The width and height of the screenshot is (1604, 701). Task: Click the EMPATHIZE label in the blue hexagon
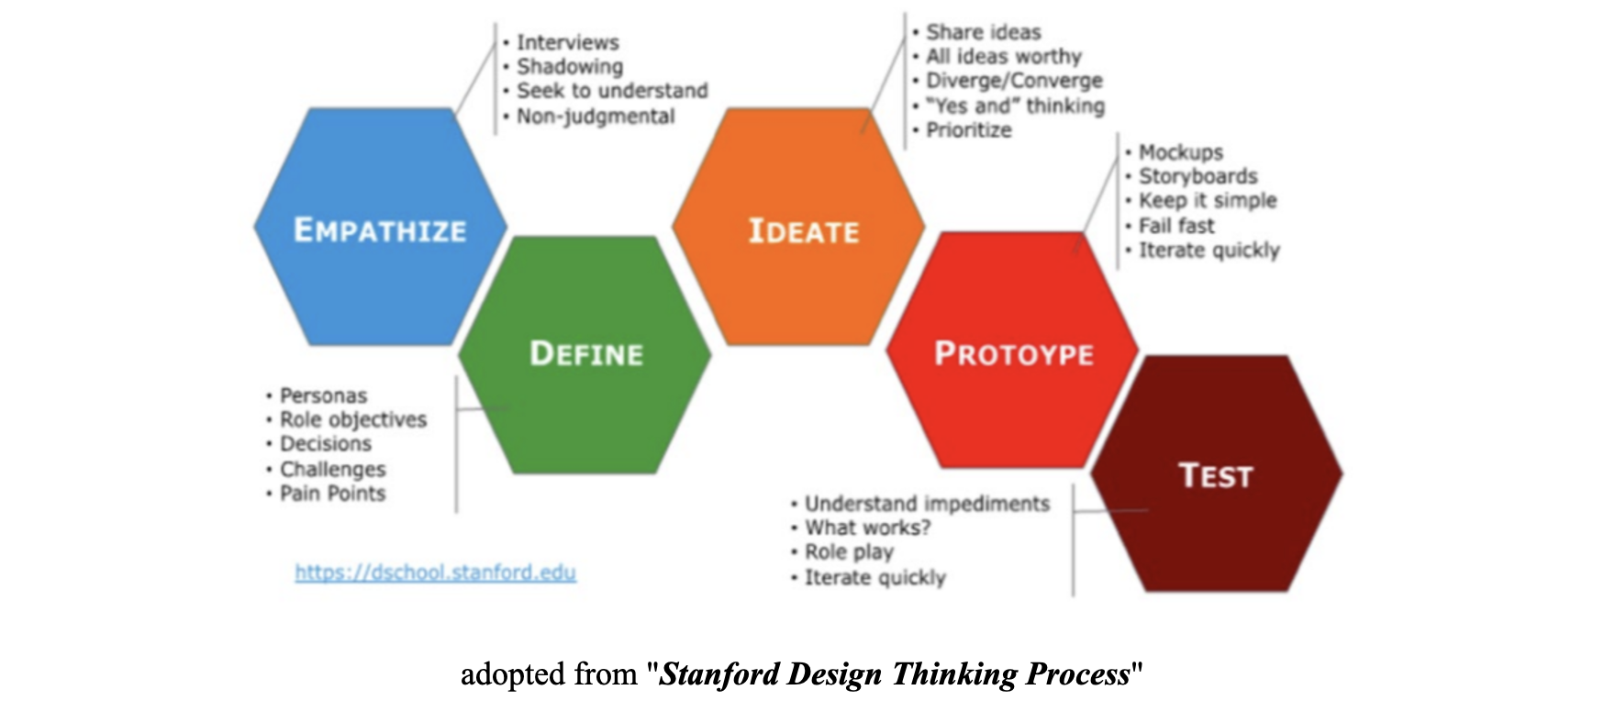380,230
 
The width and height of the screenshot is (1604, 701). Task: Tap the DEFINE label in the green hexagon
586,354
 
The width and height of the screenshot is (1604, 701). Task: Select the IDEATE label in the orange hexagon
804,231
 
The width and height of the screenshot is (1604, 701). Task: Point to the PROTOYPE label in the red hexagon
1014,354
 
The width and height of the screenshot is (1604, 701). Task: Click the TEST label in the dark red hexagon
1216,476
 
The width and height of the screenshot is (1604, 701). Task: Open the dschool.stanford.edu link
435,573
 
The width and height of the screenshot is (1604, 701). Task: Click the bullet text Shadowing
570,67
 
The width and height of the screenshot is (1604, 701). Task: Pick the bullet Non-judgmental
596,117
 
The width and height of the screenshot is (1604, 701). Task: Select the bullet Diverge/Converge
1014,81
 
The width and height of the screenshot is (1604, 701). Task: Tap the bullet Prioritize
969,130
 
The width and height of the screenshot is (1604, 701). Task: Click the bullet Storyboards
1197,176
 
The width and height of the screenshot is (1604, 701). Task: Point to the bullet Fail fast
1176,226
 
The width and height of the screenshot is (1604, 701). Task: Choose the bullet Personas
323,395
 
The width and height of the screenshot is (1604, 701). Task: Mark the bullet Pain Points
332,494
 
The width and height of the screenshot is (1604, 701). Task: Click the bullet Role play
849,552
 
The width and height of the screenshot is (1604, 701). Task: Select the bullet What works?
867,528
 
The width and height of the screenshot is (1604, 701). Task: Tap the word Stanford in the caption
719,674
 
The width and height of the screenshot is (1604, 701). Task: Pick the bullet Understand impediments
927,504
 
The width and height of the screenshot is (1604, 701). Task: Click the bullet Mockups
1181,152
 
